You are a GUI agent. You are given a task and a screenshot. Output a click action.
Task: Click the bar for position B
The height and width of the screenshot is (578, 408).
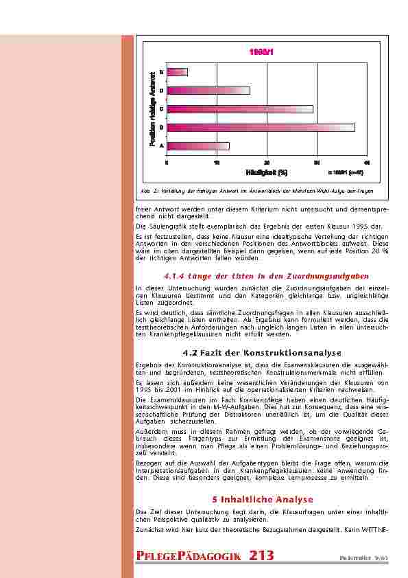tap(261, 127)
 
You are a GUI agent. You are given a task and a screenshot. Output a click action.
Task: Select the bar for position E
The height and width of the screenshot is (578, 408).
tap(177, 72)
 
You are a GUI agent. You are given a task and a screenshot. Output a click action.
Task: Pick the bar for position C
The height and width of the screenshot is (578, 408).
tap(239, 108)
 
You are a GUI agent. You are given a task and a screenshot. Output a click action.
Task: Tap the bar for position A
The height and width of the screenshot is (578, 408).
tap(197, 146)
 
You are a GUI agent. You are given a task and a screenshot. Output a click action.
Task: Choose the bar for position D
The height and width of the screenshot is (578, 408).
tap(208, 90)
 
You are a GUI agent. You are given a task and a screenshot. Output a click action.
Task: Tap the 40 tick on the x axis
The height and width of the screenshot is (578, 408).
tap(367, 162)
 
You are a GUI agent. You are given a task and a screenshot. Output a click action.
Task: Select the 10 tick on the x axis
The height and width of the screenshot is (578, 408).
tap(217, 162)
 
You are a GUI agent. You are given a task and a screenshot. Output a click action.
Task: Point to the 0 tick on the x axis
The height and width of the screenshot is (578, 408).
tap(167, 162)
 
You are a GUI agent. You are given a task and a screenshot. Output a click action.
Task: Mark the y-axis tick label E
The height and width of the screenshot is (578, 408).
tap(161, 72)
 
